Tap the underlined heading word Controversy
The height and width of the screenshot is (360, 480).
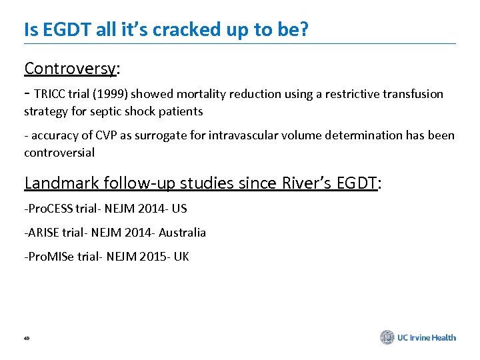(70, 69)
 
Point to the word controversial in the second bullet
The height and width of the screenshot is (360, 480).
(59, 153)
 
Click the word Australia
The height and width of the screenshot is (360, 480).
(182, 233)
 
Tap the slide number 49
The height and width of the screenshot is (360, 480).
(27, 339)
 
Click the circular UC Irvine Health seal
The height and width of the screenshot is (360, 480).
(387, 337)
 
